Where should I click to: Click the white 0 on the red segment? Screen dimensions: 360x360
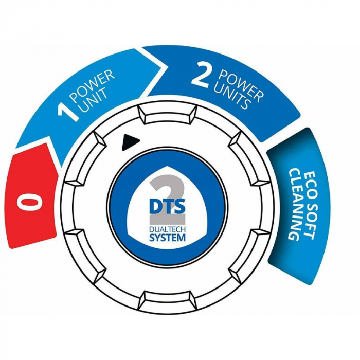click(x=30, y=201)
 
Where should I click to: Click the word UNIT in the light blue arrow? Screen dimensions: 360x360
click(x=94, y=100)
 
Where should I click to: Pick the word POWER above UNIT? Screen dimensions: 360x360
click(x=93, y=85)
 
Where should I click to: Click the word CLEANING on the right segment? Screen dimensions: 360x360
click(x=294, y=204)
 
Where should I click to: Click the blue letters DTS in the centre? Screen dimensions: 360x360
click(x=167, y=206)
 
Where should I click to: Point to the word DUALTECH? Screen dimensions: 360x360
click(x=167, y=230)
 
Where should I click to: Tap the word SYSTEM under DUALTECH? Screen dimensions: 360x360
click(x=167, y=238)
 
